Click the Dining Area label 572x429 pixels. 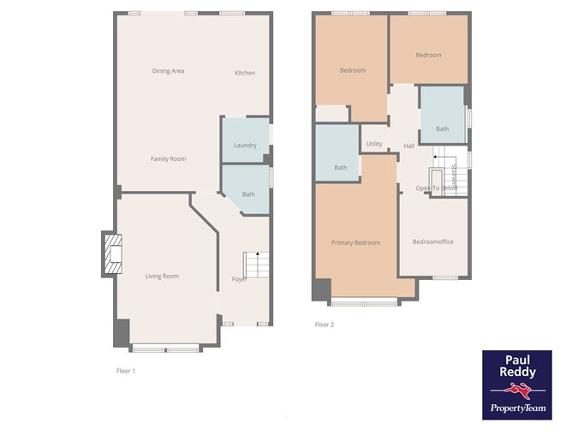pos(168,71)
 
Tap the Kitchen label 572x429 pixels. pos(245,73)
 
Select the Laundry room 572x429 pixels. pos(245,141)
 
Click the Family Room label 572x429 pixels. pos(168,158)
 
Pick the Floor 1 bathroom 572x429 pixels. pos(247,191)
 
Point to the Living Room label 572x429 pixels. pos(162,276)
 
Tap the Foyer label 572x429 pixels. pos(240,279)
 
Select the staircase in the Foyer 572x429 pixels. pos(256,265)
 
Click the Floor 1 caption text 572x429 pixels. pos(126,371)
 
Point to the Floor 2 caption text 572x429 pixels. pos(325,325)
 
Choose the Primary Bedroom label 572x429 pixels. pos(355,242)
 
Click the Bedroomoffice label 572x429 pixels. pos(432,241)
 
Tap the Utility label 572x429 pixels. pos(374,145)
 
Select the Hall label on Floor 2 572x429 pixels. pos(408,146)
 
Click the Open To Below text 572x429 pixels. pos(436,188)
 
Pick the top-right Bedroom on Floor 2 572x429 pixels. pos(428,55)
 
